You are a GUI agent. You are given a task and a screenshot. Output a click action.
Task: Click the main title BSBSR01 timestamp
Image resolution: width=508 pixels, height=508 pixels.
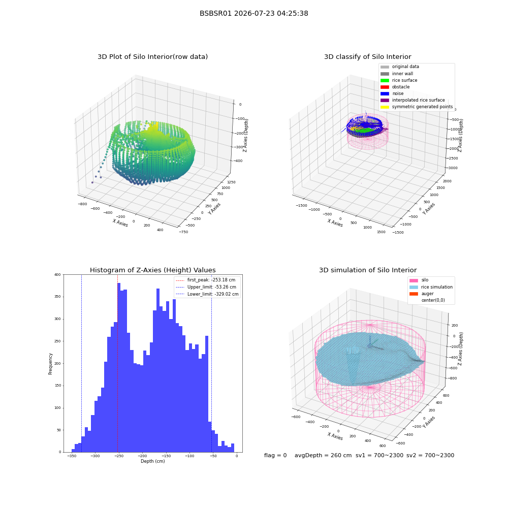253,14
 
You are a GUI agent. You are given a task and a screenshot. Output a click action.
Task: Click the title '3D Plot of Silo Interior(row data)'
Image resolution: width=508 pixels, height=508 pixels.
152,57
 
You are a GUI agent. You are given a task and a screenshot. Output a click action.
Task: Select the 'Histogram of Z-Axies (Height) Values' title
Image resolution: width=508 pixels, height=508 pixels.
152,270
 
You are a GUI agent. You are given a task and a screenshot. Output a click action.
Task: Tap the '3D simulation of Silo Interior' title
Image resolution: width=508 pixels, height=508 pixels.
368,270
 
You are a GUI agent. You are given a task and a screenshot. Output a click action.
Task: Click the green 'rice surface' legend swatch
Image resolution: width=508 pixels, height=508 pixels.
385,80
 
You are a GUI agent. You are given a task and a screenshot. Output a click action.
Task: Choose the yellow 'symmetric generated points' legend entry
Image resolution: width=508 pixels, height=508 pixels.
417,107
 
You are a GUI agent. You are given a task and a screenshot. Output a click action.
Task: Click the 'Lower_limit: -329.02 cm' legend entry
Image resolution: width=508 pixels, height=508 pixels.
207,294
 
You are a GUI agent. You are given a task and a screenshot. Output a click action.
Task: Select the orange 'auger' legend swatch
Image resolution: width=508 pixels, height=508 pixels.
414,294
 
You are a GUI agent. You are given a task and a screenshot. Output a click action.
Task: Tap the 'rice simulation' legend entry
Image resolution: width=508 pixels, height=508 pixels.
431,287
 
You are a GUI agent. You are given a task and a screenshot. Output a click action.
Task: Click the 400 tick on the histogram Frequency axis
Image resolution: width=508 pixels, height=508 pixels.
58,275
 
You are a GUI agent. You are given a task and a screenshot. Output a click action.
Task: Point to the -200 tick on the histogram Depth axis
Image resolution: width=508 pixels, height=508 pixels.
142,456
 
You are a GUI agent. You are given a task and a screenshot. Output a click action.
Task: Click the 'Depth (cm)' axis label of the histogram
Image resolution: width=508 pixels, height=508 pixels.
152,461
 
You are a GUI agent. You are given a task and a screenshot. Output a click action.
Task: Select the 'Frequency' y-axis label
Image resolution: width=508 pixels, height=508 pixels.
50,364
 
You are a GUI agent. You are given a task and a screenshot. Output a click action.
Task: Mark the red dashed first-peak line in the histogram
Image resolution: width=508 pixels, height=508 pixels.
118,364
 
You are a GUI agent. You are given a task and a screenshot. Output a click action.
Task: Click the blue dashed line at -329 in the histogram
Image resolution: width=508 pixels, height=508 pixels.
82,364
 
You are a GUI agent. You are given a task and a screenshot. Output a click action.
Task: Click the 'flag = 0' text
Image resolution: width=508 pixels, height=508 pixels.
275,456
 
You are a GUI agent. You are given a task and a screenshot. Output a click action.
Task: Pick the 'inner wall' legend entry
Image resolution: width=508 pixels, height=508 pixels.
397,74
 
